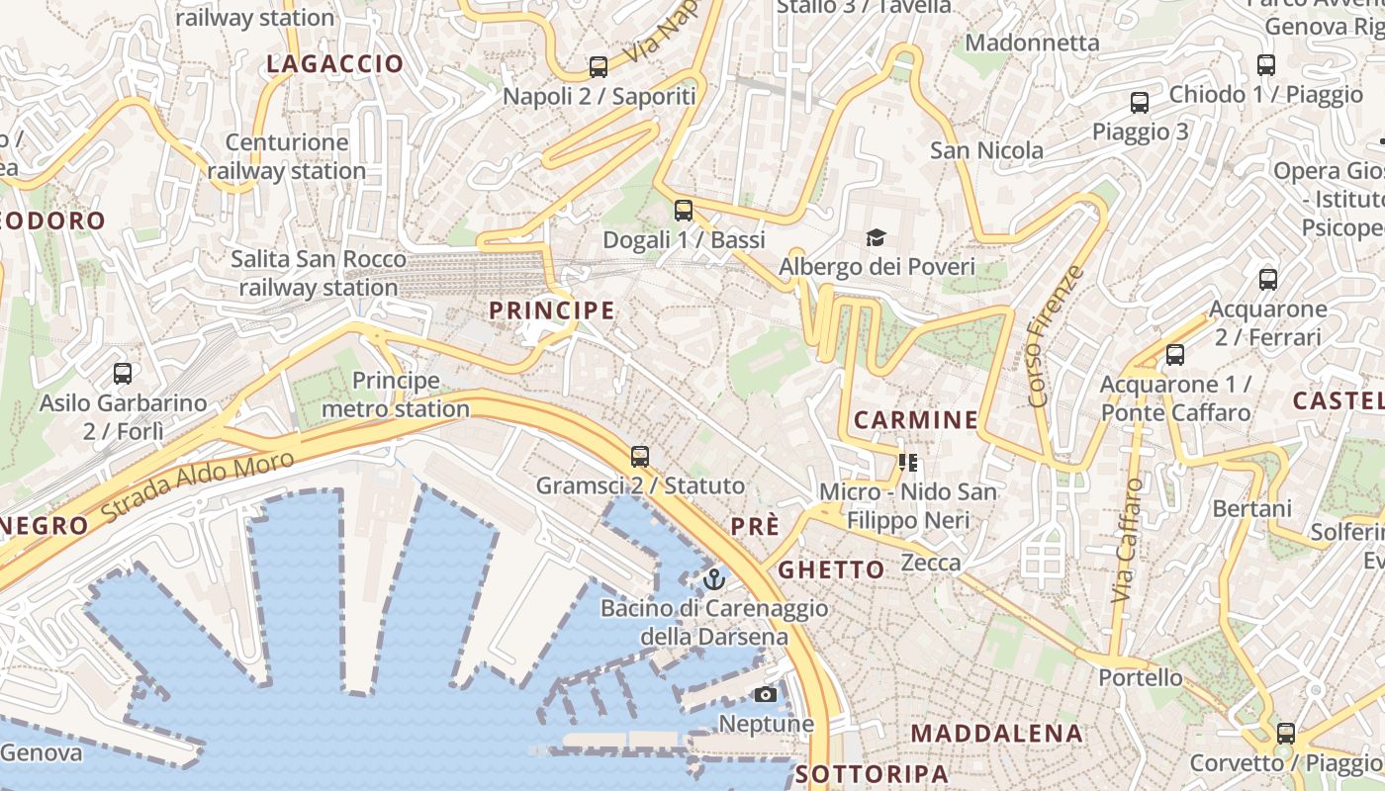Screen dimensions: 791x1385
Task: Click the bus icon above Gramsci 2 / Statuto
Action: [x=640, y=457]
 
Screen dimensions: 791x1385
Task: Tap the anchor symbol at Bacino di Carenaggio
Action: [x=714, y=578]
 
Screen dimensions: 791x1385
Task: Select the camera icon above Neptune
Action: [x=766, y=694]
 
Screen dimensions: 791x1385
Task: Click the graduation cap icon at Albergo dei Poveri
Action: [x=876, y=237]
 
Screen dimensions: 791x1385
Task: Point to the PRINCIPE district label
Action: [x=552, y=310]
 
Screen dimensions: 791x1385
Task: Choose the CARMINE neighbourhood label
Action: [x=915, y=420]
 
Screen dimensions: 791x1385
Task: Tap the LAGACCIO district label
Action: [x=335, y=64]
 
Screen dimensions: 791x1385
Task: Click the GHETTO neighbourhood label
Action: [x=831, y=570]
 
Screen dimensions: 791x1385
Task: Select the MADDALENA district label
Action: [x=996, y=734]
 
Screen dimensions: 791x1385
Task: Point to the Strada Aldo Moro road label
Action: [x=198, y=487]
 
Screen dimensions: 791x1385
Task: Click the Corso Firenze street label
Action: [x=1057, y=336]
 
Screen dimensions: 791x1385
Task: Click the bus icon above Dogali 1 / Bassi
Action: [x=684, y=210]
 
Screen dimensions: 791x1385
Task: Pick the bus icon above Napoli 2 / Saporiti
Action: [x=599, y=67]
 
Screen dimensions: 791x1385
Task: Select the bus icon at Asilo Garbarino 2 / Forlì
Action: [x=123, y=374]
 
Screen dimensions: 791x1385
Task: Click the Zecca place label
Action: [x=931, y=563]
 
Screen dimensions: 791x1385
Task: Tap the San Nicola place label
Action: [x=986, y=150]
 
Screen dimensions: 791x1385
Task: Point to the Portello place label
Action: [x=1141, y=677]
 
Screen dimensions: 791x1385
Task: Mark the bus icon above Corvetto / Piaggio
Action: [x=1285, y=734]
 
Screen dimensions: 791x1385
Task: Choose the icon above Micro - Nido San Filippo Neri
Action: [x=908, y=462]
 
